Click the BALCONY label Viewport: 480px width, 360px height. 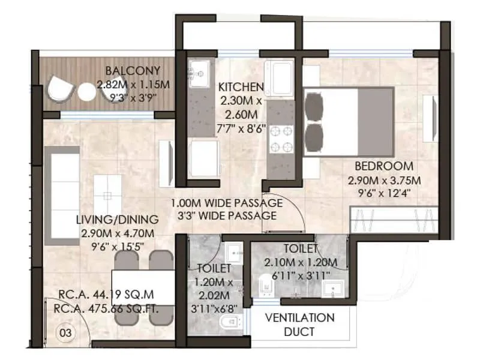coord(125,70)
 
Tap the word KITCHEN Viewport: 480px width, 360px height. coord(241,86)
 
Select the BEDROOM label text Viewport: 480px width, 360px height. coord(384,166)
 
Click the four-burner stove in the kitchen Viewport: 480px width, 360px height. coord(281,139)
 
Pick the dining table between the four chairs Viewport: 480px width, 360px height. coord(143,289)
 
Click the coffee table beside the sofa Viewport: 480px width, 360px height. coord(108,195)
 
